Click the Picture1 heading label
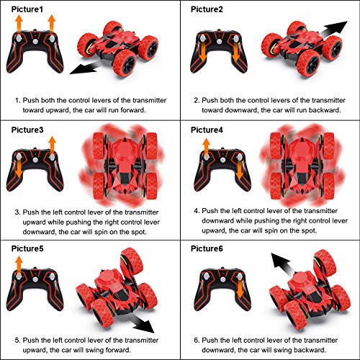27,9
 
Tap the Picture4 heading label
207,130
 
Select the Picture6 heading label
207,248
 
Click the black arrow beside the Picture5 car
142,323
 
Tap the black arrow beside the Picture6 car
282,264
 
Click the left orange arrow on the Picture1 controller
19,24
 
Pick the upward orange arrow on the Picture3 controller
52,145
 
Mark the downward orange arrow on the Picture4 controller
240,170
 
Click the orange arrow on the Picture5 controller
19,265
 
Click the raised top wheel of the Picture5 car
132,261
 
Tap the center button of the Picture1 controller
35,42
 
